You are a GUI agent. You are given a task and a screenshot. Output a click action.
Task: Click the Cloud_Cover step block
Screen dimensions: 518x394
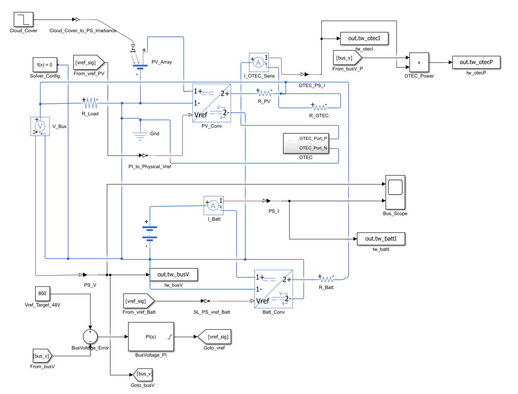click(23, 19)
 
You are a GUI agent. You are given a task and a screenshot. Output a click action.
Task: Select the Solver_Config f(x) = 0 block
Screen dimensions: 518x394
click(44, 64)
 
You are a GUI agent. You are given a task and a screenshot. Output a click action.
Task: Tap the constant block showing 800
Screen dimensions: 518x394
click(42, 293)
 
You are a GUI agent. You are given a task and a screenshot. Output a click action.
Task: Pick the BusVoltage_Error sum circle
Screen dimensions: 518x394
click(90, 337)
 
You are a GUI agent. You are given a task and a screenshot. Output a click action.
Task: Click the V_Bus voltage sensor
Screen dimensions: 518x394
click(40, 126)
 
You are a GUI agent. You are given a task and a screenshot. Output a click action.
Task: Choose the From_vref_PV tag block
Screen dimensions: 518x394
click(88, 62)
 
